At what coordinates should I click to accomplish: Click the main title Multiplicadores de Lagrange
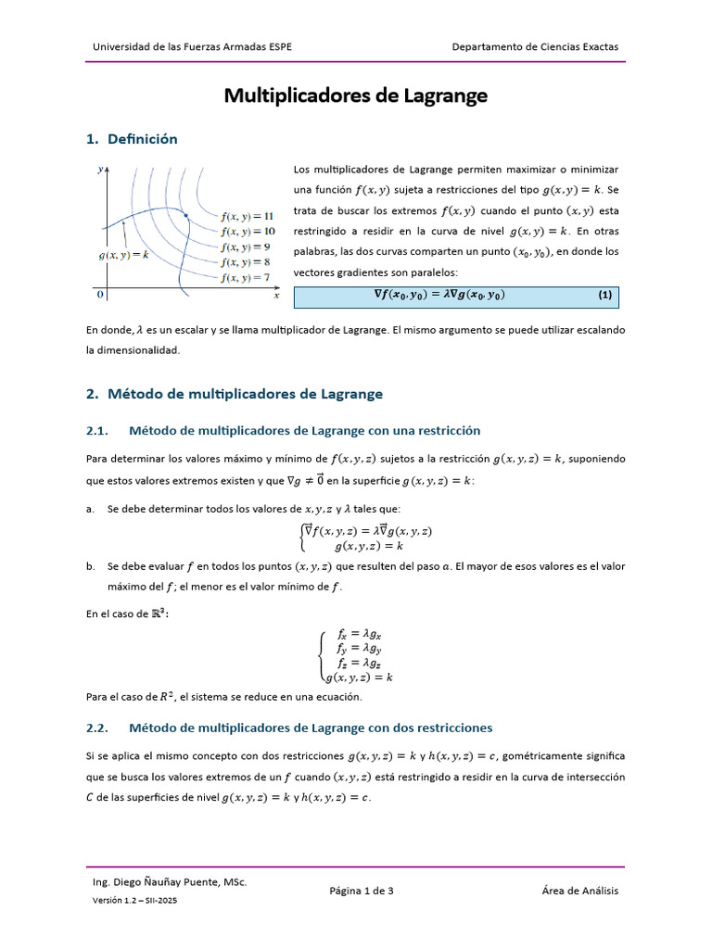tap(356, 96)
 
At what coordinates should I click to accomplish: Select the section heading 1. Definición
tap(131, 139)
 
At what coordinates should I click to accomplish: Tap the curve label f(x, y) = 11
tap(248, 216)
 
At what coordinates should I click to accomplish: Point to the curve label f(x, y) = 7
tap(246, 277)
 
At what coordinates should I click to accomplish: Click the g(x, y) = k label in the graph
tap(124, 254)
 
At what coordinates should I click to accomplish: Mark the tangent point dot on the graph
tap(186, 216)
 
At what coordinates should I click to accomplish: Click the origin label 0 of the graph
tap(100, 295)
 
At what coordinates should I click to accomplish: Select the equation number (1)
tap(604, 296)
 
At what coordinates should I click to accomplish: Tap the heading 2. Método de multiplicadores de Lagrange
tap(234, 394)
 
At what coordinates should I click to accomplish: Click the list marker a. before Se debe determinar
tap(90, 510)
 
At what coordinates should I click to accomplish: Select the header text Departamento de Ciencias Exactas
tap(535, 46)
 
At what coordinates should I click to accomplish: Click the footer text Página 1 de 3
tap(362, 891)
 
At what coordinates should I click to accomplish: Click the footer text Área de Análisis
tap(579, 891)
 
